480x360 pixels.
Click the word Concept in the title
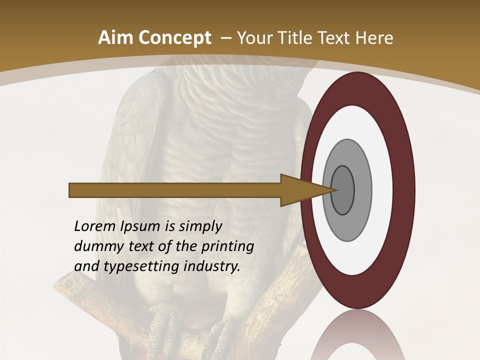pos(174,38)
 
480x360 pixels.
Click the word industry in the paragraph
pos(212,266)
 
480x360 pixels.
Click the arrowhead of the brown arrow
pos(305,190)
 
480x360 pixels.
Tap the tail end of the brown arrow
pos(72,190)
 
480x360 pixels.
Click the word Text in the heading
pos(336,38)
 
